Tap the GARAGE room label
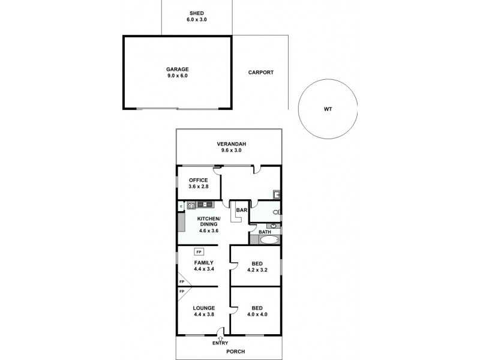178,69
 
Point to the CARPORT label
261,73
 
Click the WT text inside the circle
328,109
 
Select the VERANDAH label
232,144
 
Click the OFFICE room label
199,180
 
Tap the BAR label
242,210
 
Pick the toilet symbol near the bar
275,212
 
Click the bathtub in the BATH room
269,239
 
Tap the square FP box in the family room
199,252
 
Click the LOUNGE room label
204,308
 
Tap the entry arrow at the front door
220,338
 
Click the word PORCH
236,351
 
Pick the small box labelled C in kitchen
181,207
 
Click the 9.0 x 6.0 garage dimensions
178,76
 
